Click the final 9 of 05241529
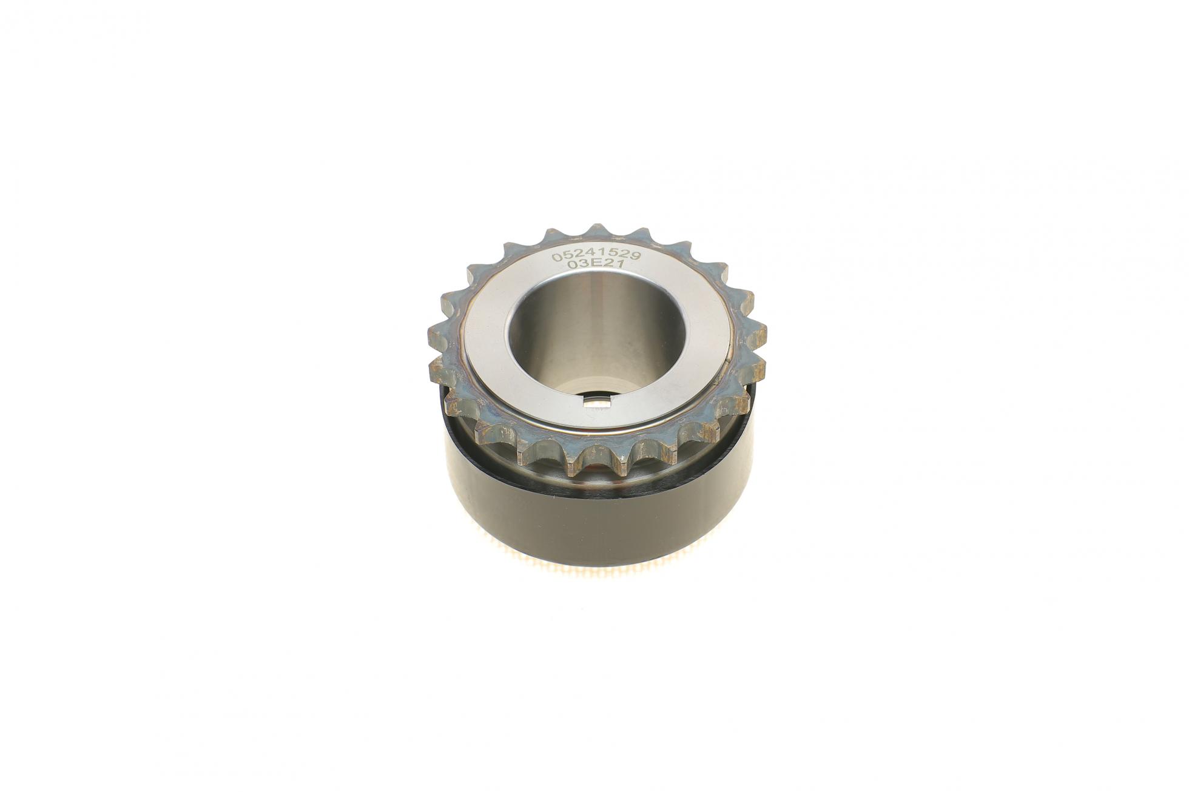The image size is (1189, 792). point(636,257)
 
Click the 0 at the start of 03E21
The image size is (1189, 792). point(571,267)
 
